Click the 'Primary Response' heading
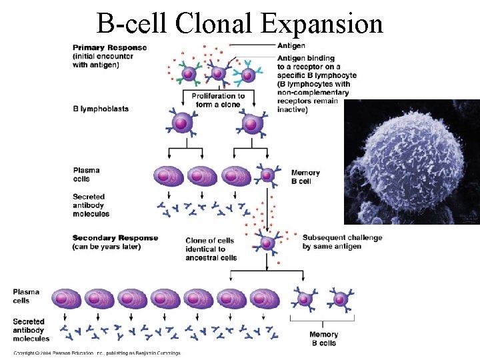109,48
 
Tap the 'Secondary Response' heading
115,238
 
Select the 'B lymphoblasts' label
101,109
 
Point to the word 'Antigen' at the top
291,45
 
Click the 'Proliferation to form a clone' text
218,100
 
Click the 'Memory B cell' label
305,177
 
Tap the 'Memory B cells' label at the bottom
324,339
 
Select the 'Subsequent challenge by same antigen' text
342,242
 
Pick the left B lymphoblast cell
182,123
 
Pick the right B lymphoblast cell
252,123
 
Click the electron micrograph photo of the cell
411,162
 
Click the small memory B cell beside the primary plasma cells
267,175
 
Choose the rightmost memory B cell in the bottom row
341,299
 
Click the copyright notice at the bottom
97,353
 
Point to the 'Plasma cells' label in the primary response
86,174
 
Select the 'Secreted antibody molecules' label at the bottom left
31,330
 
